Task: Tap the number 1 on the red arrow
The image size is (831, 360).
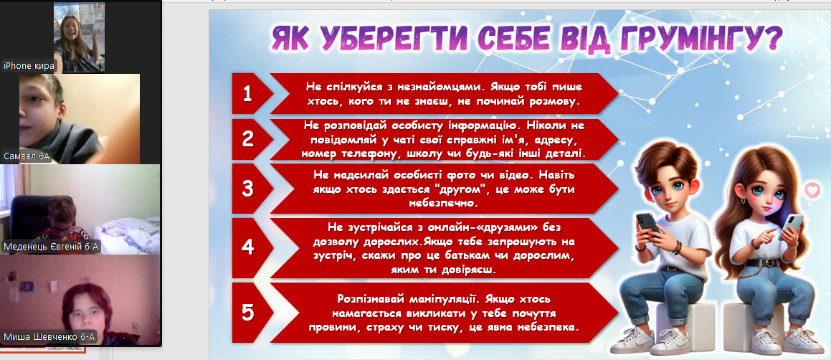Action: pos(247,94)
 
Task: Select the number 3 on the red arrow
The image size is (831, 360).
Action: pos(248,189)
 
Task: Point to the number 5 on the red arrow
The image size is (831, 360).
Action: pos(248,313)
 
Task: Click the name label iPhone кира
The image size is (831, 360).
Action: pos(29,66)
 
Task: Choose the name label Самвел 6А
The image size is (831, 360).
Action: pos(27,156)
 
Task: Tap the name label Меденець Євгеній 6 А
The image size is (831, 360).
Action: pos(52,247)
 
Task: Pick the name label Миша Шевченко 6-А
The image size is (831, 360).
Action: pos(49,337)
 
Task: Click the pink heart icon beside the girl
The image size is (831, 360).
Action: pos(812,190)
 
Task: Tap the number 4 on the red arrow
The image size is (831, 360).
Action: pos(248,247)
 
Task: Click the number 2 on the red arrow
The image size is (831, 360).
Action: pos(248,138)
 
